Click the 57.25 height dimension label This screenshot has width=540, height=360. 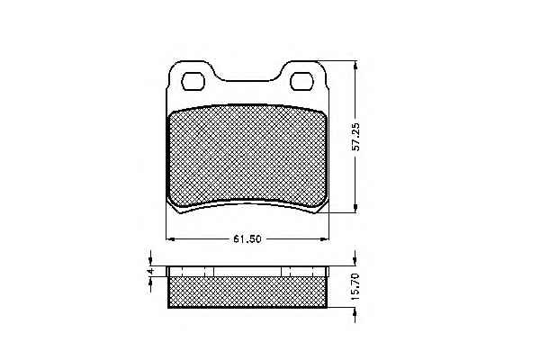(x=357, y=137)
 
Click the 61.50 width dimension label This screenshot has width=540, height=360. (x=247, y=238)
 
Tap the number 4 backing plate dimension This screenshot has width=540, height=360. (x=150, y=272)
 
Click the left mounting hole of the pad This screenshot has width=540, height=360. (x=193, y=81)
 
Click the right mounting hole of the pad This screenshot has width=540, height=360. (x=301, y=81)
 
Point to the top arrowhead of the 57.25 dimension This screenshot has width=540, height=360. (x=355, y=66)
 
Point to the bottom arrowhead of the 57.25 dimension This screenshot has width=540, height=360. (x=355, y=209)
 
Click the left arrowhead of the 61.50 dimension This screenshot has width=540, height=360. (x=171, y=238)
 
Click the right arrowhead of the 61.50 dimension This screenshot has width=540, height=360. (x=324, y=238)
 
